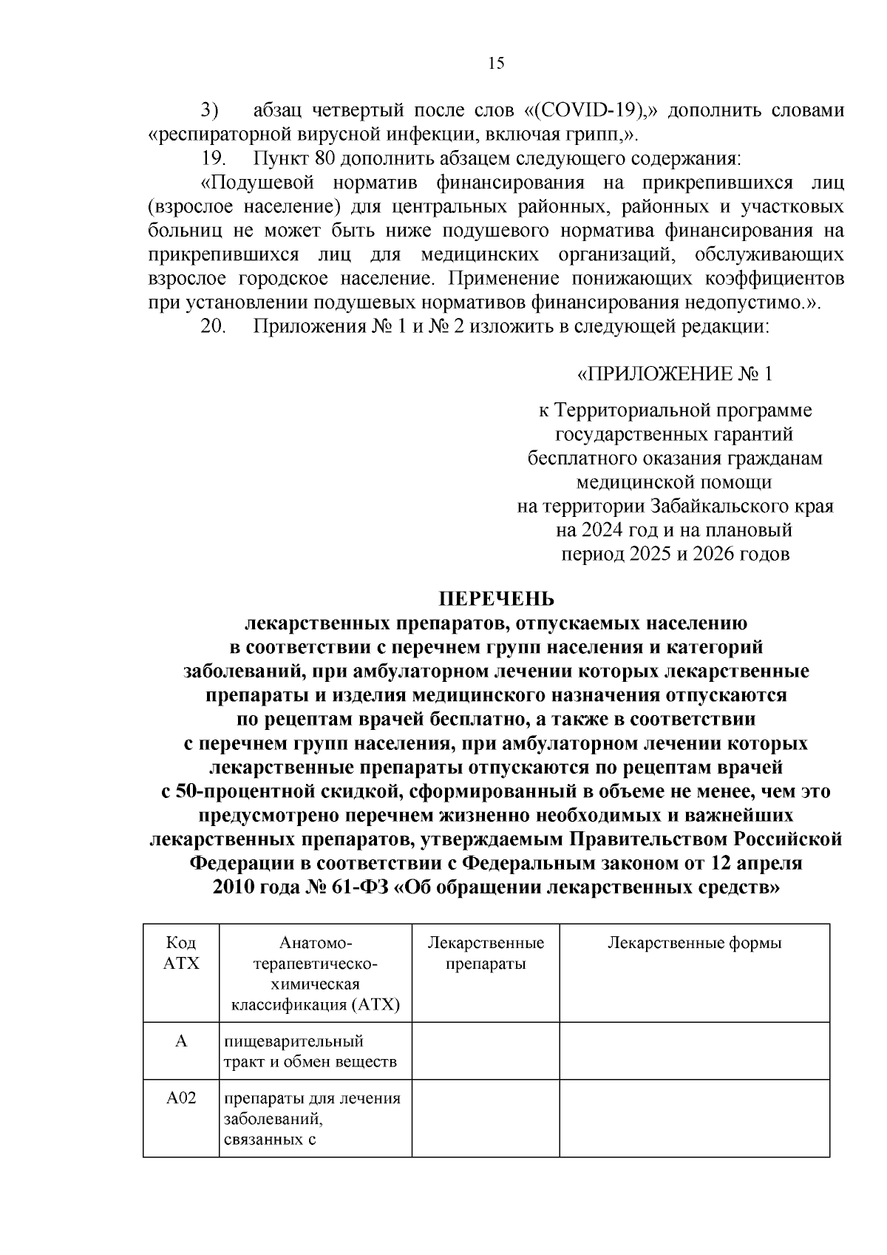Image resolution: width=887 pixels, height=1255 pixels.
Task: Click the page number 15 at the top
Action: [496, 64]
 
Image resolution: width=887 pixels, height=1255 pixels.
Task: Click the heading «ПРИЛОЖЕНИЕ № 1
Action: [673, 373]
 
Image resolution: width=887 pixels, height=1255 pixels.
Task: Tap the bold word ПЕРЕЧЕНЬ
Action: [496, 598]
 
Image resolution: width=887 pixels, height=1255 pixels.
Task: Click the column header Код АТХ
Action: [181, 953]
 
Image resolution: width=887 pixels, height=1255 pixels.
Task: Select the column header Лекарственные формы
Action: [694, 943]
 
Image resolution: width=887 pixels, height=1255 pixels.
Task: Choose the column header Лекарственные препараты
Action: [486, 953]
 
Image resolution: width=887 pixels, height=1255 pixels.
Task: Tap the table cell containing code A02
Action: [181, 1098]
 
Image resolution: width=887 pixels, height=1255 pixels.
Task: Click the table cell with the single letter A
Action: [181, 1041]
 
